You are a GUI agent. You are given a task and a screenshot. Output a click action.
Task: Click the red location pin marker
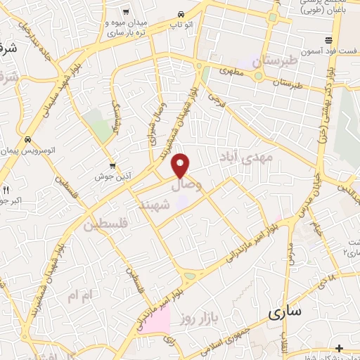(x=181, y=165)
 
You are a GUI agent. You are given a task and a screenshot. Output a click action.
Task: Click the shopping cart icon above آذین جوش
(x=112, y=166)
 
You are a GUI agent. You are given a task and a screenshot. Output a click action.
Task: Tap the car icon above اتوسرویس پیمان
(x=27, y=139)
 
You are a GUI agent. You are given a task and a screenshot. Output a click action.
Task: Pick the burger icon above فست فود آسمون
(x=328, y=39)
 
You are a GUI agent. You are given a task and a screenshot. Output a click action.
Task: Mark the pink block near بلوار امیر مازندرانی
(x=157, y=321)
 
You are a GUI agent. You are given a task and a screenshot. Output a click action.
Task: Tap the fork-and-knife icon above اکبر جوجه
(x=7, y=190)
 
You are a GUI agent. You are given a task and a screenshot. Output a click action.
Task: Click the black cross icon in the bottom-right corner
(x=339, y=348)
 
